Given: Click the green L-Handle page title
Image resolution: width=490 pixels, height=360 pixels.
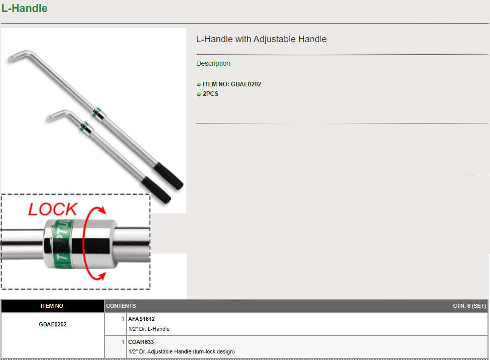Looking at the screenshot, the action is tap(25, 8).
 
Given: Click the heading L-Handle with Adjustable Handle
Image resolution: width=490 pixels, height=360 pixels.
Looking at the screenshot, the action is tap(261, 39).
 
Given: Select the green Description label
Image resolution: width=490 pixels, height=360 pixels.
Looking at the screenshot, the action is tap(213, 63).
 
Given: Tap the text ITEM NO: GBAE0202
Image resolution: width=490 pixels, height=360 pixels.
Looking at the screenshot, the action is tap(232, 84).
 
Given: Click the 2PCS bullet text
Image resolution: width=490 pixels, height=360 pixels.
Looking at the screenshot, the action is tap(210, 94).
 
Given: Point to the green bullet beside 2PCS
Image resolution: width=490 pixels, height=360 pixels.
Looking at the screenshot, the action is tap(199, 94).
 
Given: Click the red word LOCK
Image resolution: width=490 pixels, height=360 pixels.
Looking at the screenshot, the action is tap(53, 209).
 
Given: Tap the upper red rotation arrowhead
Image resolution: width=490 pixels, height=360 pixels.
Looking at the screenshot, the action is tap(101, 210).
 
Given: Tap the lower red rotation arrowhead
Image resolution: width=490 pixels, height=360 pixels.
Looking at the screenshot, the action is tap(101, 276).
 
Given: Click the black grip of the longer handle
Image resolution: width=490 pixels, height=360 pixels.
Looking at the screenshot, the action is tap(168, 176).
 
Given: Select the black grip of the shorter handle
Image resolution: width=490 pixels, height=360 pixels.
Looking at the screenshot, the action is tap(156, 190).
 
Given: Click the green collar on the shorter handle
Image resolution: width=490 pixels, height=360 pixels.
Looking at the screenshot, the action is tap(84, 127).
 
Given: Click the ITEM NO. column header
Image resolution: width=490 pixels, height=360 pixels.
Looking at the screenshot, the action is tap(53, 306).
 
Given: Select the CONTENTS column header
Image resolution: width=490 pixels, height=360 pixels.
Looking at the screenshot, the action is tap(121, 306).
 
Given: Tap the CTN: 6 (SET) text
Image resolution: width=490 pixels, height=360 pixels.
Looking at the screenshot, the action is tap(469, 306).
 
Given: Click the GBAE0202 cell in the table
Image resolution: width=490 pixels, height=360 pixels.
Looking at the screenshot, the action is tap(53, 324).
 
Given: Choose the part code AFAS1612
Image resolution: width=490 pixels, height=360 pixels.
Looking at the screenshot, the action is tap(141, 319).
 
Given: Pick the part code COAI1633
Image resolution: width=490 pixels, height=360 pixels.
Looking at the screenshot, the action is tap(141, 342).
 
